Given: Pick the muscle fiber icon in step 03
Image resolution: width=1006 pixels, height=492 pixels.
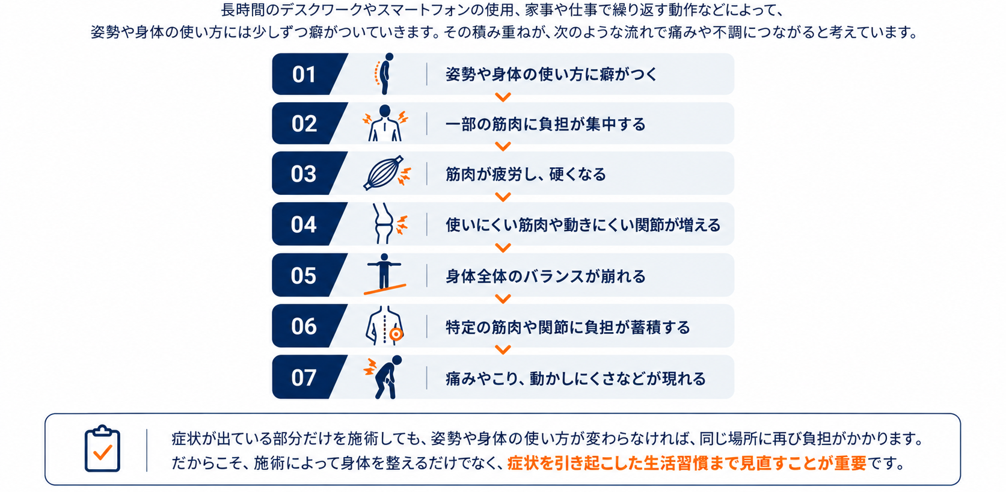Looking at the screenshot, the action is coord(386,173).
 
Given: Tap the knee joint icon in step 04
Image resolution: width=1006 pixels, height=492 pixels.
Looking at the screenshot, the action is coord(389,224).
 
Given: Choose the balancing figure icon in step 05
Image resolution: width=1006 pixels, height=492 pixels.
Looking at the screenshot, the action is coord(384,274).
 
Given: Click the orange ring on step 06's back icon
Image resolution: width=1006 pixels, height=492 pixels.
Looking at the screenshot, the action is coord(396,334).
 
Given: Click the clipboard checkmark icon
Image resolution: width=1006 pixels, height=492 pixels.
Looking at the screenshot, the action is coord(102,449).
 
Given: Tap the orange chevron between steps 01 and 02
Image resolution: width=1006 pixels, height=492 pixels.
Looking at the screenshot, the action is coord(503,97).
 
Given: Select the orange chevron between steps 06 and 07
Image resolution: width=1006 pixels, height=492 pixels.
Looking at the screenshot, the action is coord(503,349).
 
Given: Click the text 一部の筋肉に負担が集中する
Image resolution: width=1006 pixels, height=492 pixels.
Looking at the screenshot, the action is coord(545,124).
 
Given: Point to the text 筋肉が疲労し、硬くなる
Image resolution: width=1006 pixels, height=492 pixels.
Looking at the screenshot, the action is coord(526,174).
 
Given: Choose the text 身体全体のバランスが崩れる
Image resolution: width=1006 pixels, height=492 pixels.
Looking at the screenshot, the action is coord(545,276).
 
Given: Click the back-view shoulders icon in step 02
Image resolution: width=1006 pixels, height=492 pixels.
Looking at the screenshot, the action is coord(385,123).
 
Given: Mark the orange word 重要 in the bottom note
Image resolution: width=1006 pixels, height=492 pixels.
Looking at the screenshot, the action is coord(850,463).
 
